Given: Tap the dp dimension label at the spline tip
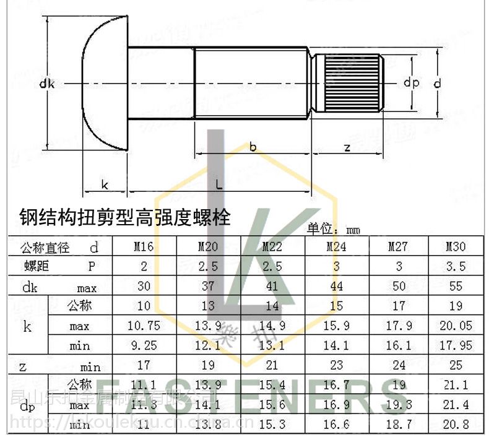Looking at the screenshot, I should point(411,82).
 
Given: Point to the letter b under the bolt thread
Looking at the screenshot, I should point(253,147).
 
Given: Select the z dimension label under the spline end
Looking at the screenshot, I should point(347,147).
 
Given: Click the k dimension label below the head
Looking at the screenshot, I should point(105,184).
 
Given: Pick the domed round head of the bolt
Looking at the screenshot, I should point(105,84).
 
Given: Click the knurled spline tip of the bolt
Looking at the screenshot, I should point(352,82).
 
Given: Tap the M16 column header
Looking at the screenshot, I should point(144,247).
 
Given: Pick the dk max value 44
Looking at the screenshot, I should point(336,287).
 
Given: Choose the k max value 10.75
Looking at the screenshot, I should point(144,326).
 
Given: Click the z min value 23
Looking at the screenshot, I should point(336,366).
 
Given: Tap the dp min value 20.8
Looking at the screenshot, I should point(456,425).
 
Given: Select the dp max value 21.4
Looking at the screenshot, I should point(456,405).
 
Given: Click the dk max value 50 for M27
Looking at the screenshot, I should point(399,287).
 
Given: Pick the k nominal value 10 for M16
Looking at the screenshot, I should point(144,306).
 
